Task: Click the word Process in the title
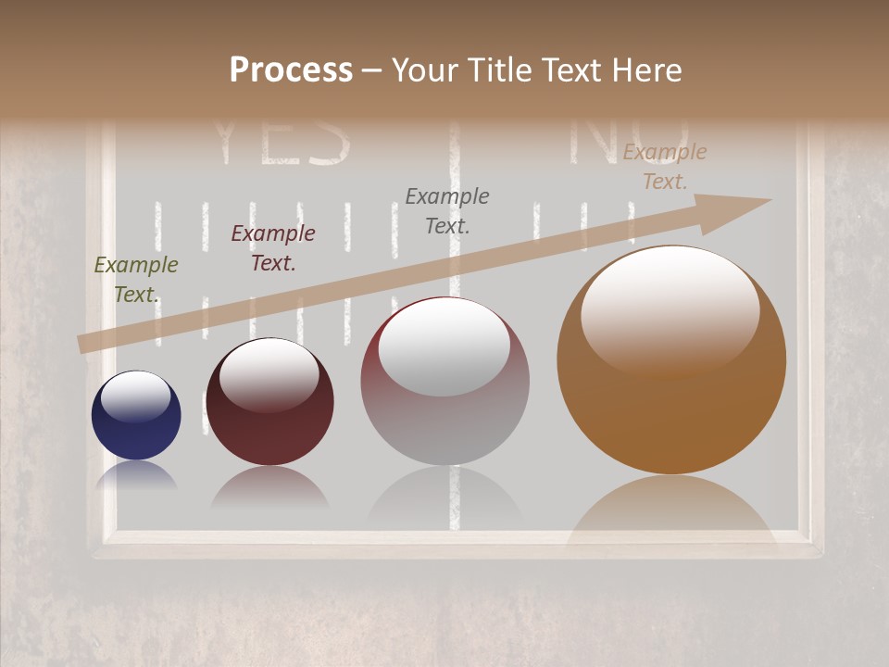coord(291,70)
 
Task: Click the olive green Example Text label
coord(135,280)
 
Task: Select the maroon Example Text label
coord(272,248)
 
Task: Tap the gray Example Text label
coord(447,210)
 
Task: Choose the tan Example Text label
coord(664,167)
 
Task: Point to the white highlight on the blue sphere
coord(136,396)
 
